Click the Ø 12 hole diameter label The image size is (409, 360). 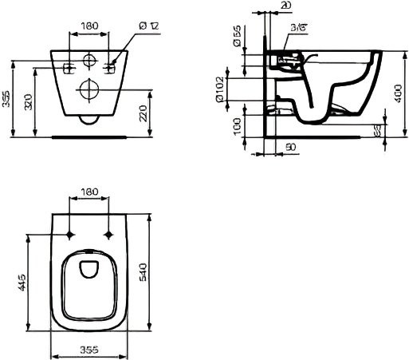coord(150,26)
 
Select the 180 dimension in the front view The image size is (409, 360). coord(89,26)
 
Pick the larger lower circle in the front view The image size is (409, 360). coord(88,89)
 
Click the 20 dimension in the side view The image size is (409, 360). coord(286,6)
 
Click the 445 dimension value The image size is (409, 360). coord(23,282)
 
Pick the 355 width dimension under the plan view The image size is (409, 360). coord(88,349)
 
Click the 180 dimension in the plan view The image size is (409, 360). coord(88,192)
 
